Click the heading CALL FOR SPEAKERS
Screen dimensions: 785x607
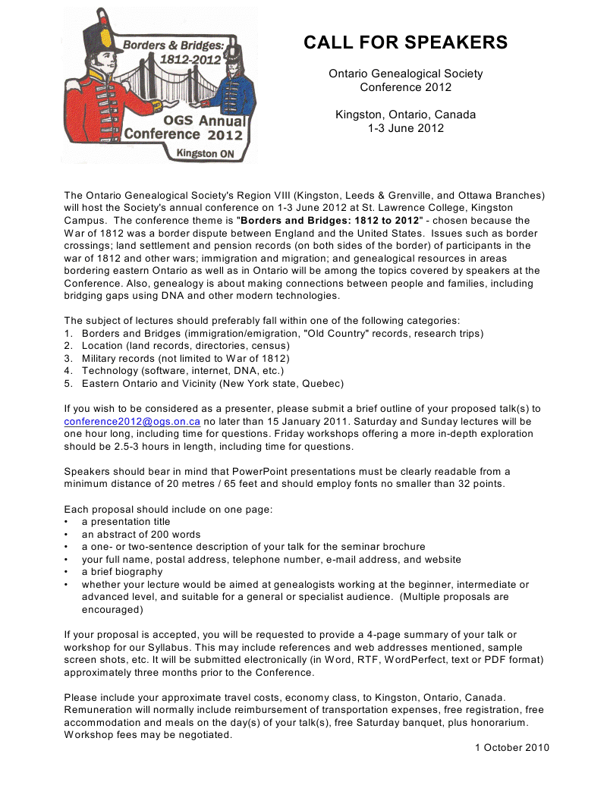405,42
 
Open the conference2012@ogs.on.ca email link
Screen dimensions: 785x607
132,421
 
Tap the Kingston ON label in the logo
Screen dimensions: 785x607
205,152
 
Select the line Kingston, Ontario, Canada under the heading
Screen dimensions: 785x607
405,115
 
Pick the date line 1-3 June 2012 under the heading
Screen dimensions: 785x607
405,127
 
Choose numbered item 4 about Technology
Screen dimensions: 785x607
182,371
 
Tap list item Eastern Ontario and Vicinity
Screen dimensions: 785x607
212,383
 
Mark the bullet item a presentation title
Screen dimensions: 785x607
126,522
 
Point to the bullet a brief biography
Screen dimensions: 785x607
122,572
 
